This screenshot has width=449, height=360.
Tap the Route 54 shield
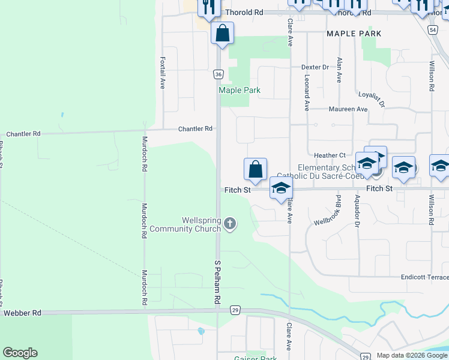point(433,29)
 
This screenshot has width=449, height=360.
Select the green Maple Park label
point(240,91)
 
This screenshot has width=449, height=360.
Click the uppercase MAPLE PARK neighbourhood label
point(354,34)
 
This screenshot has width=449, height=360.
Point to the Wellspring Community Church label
point(185,224)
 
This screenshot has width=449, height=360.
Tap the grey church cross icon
point(229,224)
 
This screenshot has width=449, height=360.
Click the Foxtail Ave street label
point(163,73)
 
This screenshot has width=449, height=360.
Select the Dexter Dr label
point(316,67)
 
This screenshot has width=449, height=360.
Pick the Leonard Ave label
point(307,93)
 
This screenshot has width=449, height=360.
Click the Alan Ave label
point(339,70)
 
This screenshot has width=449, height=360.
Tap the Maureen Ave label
point(348,109)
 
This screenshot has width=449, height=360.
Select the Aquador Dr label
point(357,211)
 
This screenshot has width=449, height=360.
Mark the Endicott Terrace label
point(424,277)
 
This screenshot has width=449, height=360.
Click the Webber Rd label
point(22,313)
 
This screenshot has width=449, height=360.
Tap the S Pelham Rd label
point(218,282)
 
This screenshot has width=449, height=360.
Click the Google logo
point(20,353)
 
